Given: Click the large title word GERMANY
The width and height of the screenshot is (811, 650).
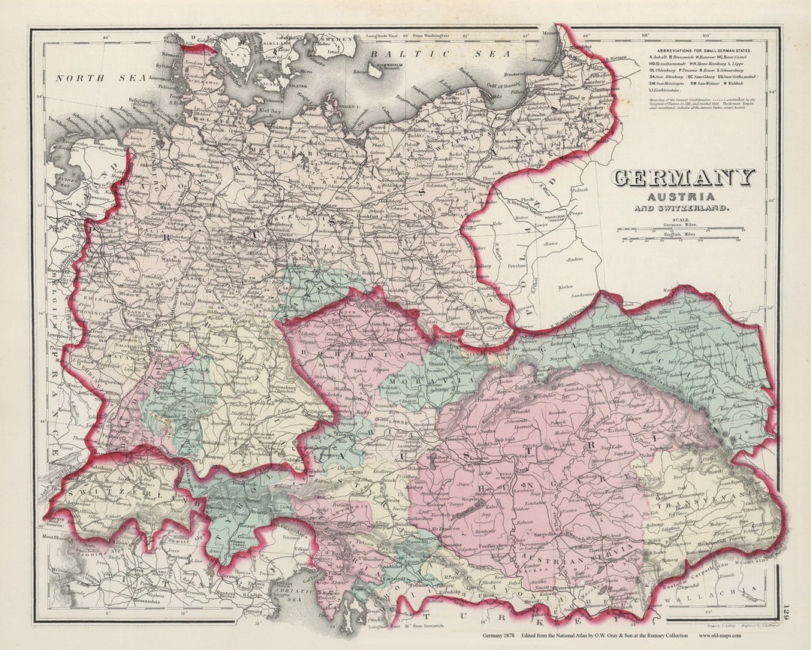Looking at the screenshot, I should (x=683, y=178).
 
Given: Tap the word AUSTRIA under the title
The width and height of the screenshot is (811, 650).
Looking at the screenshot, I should (x=682, y=196).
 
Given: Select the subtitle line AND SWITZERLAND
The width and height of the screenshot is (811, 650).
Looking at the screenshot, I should (x=682, y=208).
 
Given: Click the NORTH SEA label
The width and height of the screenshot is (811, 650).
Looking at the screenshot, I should (x=94, y=77).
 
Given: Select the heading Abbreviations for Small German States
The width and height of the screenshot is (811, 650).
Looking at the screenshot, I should (x=704, y=50).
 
